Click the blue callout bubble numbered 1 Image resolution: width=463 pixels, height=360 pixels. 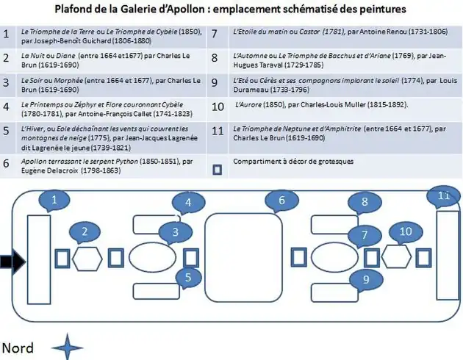coord(54,198)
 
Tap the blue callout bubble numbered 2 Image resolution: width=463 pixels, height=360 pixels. coord(85,233)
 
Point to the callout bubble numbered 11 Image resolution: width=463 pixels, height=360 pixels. coord(443,196)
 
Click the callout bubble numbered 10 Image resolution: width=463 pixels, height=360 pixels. coord(406,232)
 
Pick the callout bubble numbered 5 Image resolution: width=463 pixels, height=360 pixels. coord(189,277)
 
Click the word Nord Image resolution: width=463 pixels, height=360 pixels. coord(17,347)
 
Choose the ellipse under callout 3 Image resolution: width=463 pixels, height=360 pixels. coord(154,258)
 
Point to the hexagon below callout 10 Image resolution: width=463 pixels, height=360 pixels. coord(397,258)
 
